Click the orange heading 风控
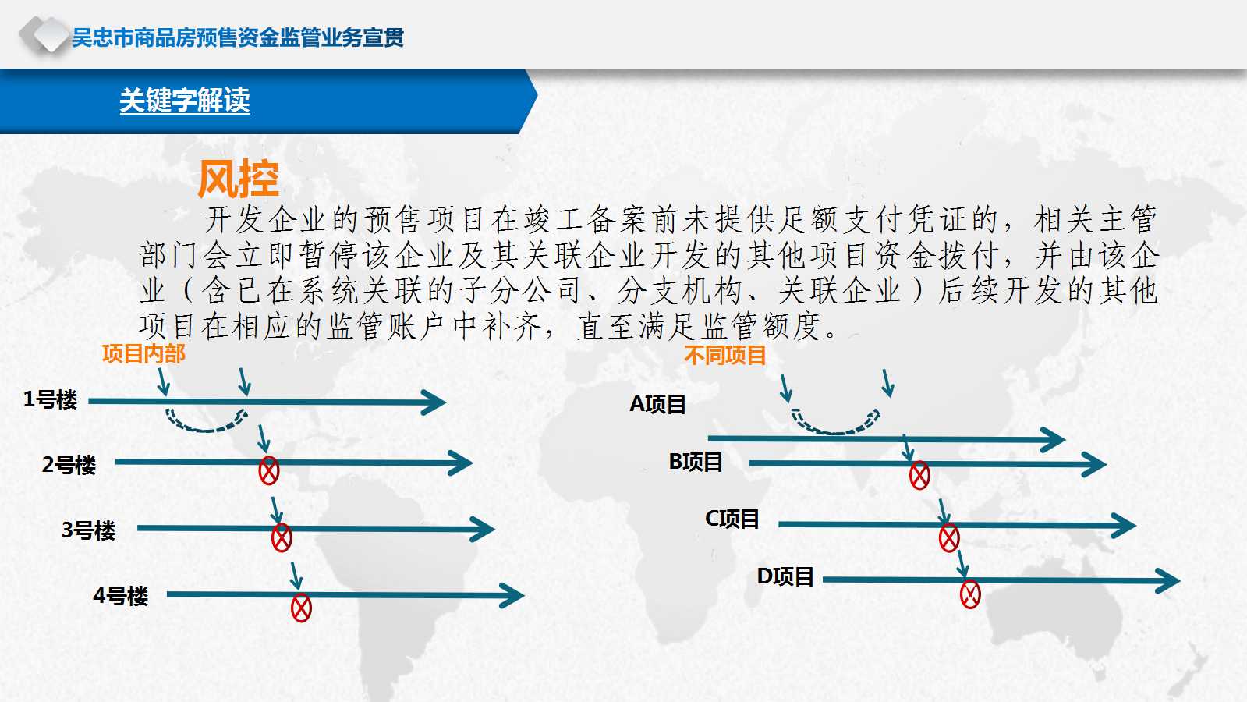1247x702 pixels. pos(239,179)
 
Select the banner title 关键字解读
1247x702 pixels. pos(185,101)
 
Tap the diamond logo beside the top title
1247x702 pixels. pos(44,35)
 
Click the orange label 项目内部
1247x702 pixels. pos(143,354)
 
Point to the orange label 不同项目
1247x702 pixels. pos(724,355)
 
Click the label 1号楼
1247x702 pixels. pos(50,399)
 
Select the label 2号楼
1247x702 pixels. pos(69,465)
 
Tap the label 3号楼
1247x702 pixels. pos(89,530)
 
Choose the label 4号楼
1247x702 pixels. pos(120,596)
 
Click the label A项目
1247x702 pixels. pos(657,404)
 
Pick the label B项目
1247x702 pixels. pos(696,462)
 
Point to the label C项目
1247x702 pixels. pos(732,519)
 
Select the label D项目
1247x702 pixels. pos(785,576)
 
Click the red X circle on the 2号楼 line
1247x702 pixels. pos(269,471)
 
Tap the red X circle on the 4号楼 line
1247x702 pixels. pos(301,608)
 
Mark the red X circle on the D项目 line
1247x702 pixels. pos(970,594)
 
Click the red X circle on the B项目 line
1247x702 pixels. pos(919,476)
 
